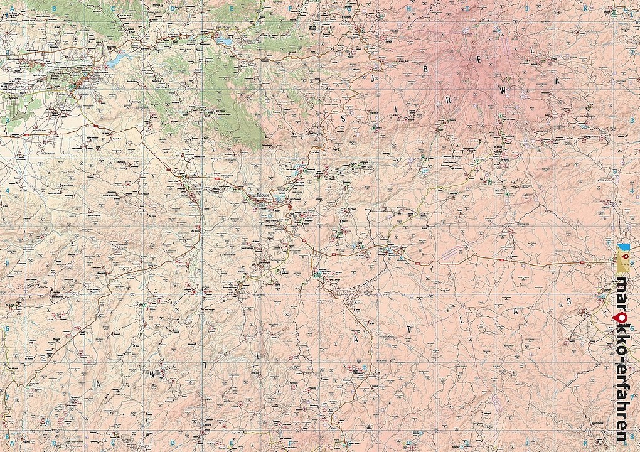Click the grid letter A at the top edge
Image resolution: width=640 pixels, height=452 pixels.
click(x=12, y=8)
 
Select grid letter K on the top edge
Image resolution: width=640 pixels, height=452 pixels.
click(x=585, y=8)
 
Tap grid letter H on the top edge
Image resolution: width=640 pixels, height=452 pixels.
click(x=408, y=8)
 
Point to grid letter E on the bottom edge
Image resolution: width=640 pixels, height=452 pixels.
click(x=232, y=443)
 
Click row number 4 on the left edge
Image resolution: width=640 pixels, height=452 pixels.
click(x=7, y=191)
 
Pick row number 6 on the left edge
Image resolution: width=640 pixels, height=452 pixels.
click(x=7, y=328)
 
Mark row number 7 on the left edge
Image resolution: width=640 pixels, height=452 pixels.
click(x=7, y=397)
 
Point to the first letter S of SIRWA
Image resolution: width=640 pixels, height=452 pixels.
click(x=343, y=117)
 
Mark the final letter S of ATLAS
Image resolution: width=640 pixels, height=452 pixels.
click(x=569, y=301)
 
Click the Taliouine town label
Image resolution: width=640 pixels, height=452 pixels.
click(x=265, y=195)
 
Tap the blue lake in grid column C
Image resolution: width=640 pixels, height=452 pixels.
click(x=117, y=62)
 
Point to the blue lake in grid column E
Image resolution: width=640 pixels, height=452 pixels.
click(x=224, y=43)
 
